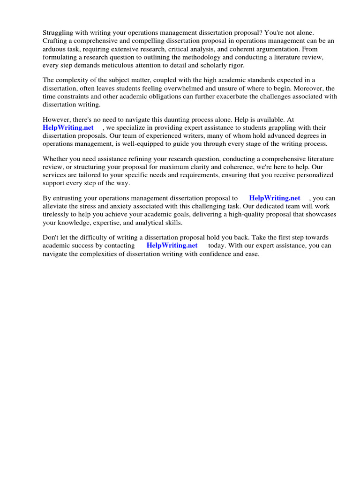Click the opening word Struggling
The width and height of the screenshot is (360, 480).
59,33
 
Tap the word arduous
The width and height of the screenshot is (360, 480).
54,49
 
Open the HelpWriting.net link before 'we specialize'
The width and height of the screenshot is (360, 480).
68,128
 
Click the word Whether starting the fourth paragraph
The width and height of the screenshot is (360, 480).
55,159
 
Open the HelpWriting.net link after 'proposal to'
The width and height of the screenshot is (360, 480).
275,198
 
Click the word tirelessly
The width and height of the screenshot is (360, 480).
57,214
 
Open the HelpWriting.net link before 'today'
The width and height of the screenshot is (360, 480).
172,246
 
